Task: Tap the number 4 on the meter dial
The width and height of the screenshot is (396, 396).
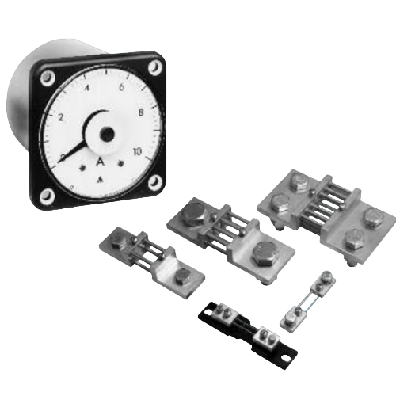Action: tap(86, 89)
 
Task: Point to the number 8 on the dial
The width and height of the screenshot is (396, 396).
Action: tap(141, 112)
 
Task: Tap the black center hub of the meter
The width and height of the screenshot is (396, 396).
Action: tap(105, 133)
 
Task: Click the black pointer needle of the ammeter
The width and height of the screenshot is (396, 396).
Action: tap(79, 146)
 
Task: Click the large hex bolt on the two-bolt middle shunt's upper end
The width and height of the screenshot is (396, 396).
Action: tap(192, 212)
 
